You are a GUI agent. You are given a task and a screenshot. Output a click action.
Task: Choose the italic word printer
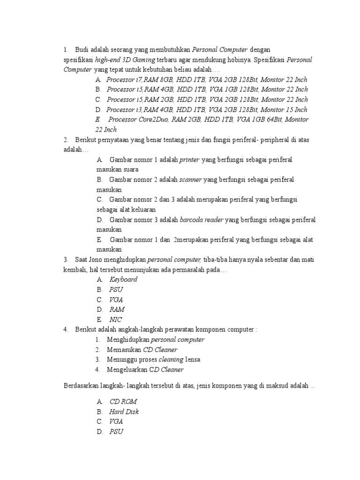189,160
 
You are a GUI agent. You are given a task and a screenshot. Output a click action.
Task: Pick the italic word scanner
191,180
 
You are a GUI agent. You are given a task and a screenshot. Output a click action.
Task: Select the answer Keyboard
123,279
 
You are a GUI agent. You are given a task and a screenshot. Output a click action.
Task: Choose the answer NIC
116,320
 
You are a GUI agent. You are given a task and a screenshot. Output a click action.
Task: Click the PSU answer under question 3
116,290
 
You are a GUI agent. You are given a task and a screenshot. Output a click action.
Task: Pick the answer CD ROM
123,402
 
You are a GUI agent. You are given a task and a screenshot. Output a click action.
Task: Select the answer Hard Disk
124,412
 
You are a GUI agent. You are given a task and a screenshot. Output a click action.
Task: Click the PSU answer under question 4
116,432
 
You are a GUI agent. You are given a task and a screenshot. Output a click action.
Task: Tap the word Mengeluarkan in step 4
128,370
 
